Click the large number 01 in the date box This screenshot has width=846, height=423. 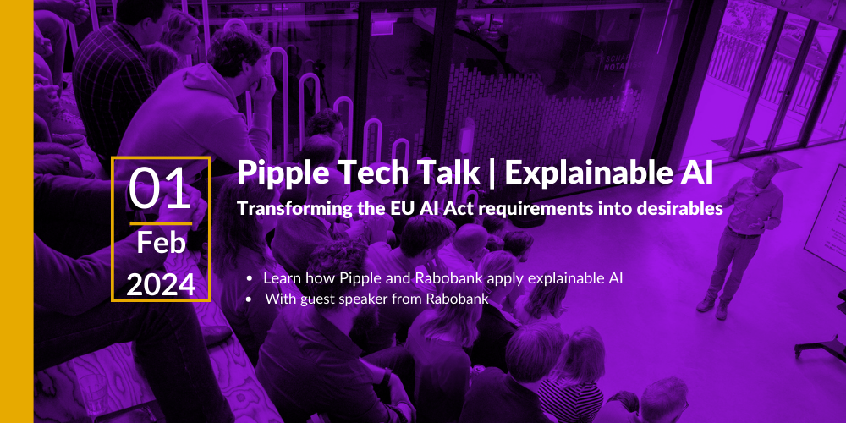tap(160, 189)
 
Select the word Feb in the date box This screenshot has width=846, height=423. tap(161, 244)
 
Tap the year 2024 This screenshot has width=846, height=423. tap(161, 285)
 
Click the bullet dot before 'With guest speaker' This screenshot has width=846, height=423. tap(249, 299)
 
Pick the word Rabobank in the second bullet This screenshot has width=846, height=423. tap(464, 299)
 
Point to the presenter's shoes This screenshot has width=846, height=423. tap(712, 308)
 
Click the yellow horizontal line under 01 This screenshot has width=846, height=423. tap(161, 222)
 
